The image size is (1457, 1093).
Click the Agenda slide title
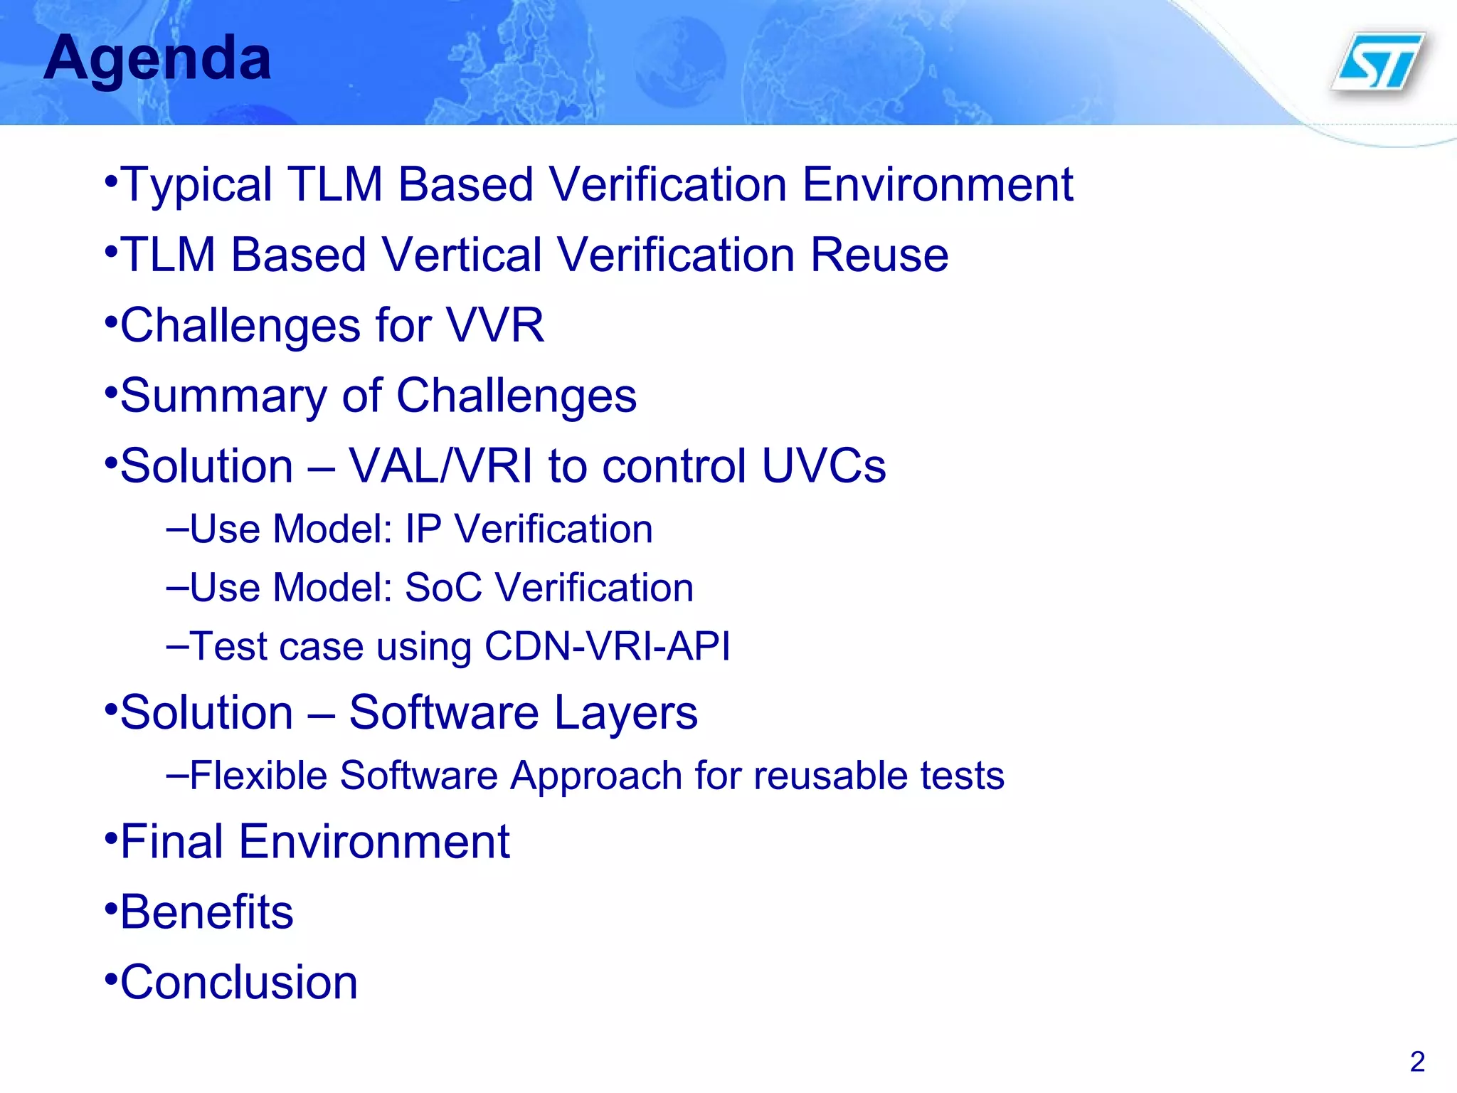(x=157, y=59)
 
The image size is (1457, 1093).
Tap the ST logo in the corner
(x=1379, y=63)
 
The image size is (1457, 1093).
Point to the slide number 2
(x=1417, y=1062)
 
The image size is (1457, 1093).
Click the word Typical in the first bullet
(x=197, y=185)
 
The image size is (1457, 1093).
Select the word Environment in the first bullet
(x=938, y=185)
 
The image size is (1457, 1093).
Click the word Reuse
(x=879, y=255)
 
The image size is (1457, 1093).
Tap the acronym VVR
(x=495, y=325)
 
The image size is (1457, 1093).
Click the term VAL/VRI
(x=440, y=466)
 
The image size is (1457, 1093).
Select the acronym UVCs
(x=824, y=466)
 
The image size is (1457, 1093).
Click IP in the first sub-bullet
(x=423, y=529)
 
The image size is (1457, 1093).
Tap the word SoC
(x=443, y=588)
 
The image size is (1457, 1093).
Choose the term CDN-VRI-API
(x=607, y=647)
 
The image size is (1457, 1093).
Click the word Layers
(x=625, y=712)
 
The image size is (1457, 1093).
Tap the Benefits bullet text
(x=206, y=912)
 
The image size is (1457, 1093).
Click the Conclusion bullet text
(x=239, y=983)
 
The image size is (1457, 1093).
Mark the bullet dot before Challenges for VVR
(x=110, y=322)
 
